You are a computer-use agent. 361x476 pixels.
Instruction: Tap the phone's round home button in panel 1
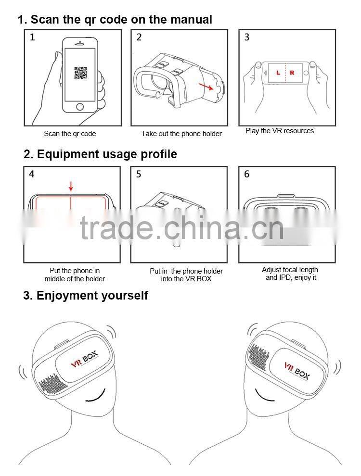tap(80, 107)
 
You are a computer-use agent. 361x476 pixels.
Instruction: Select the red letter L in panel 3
tap(278, 73)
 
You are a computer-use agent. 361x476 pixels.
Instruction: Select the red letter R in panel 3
tap(292, 73)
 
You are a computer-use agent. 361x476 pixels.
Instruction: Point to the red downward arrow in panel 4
tap(71, 186)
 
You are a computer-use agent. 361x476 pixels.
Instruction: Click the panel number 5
tap(139, 174)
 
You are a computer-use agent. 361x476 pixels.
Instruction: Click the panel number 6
tap(246, 174)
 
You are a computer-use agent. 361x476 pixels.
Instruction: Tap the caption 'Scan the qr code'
tap(70, 134)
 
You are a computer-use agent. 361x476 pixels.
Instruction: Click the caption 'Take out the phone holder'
tap(181, 134)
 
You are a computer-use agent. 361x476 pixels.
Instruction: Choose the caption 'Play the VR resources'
tap(280, 131)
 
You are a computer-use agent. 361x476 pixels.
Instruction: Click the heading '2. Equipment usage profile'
tap(100, 154)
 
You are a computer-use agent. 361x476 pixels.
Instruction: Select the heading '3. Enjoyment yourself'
tap(85, 295)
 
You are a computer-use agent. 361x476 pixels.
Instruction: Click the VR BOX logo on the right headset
tap(295, 370)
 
